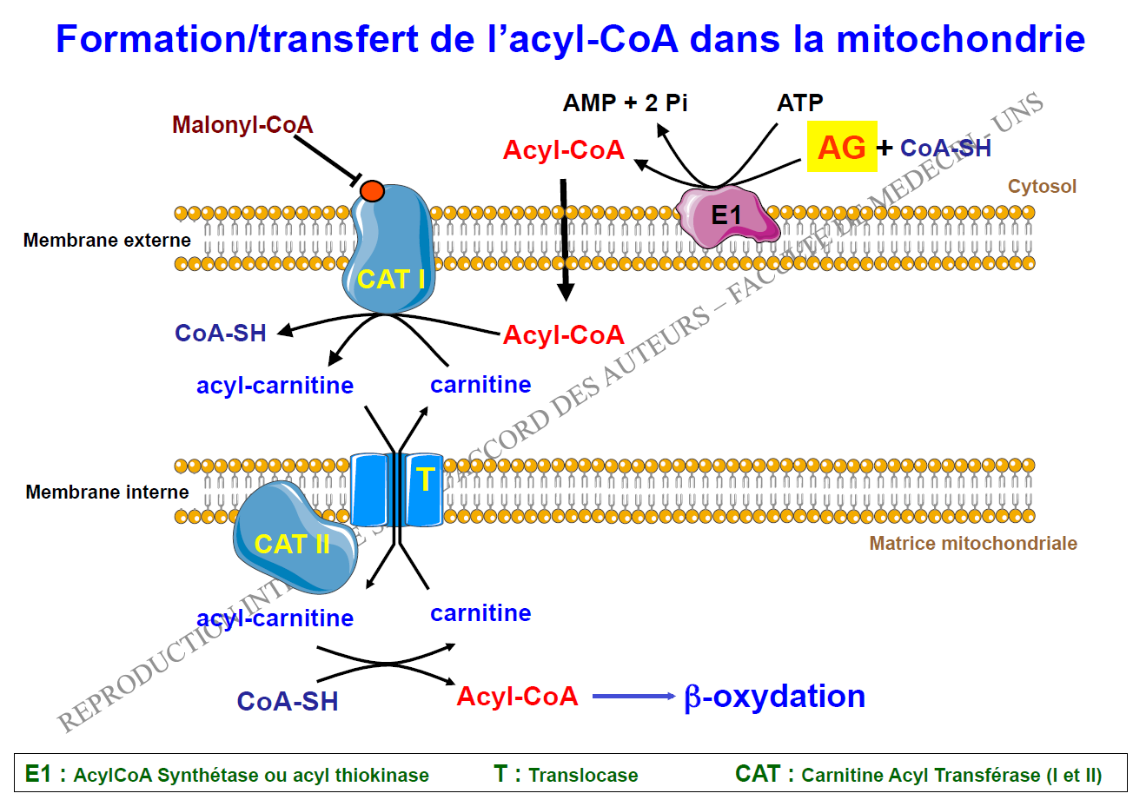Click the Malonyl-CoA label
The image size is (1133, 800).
(242, 125)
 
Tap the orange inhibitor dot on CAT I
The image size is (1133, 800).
(372, 191)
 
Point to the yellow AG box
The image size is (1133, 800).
(842, 147)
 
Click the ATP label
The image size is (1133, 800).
(799, 103)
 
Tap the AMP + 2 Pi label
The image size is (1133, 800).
(625, 103)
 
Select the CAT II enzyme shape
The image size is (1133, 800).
(291, 543)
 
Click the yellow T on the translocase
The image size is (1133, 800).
(424, 479)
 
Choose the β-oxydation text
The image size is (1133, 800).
(774, 697)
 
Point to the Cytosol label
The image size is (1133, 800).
(1042, 186)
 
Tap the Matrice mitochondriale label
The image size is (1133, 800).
(973, 544)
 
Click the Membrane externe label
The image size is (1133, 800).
(94, 240)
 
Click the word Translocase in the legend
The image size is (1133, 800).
(583, 776)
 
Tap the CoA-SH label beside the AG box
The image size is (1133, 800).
(945, 148)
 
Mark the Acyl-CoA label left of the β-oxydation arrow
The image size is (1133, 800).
(517, 696)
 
